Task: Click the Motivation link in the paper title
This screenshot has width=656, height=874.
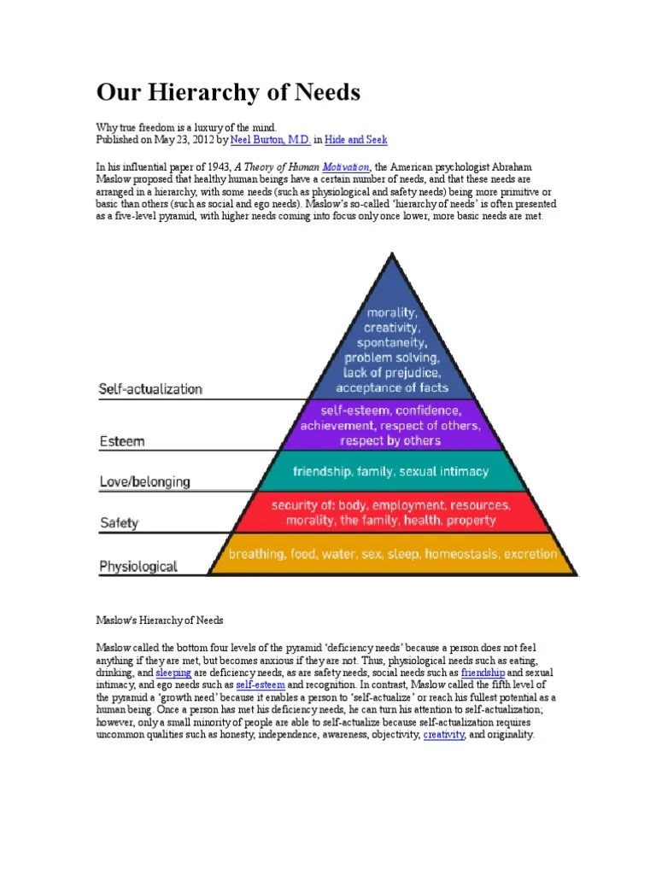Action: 345,168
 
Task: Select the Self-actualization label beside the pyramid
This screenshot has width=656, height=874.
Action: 151,389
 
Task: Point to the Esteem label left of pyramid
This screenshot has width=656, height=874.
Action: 122,442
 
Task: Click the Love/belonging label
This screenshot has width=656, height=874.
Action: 145,482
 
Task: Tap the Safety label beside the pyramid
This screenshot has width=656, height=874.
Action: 120,522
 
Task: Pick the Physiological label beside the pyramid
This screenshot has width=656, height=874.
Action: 138,565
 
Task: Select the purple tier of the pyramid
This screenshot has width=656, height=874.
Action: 390,425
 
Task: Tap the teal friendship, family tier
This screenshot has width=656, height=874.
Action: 390,471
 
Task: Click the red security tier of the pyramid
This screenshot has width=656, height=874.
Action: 390,512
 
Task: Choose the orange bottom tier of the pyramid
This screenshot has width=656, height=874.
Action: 390,554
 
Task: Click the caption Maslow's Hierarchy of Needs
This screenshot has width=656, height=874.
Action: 159,620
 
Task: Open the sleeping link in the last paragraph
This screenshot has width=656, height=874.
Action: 174,673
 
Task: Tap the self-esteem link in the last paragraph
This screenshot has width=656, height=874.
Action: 260,685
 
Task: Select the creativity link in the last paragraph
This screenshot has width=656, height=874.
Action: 443,734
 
